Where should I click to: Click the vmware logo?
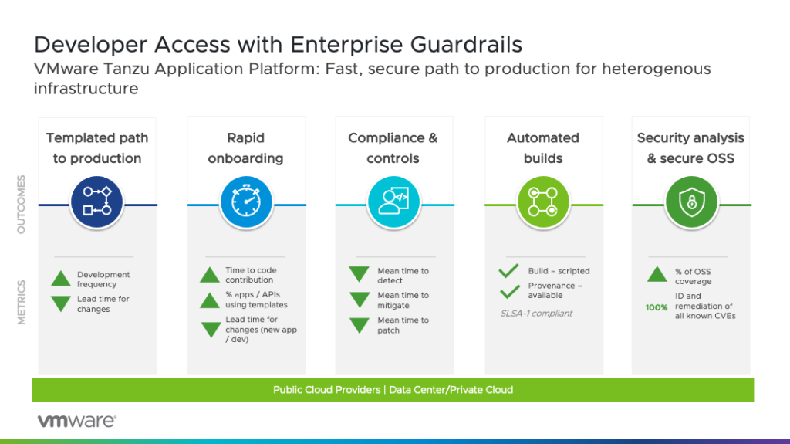pyautogui.click(x=77, y=421)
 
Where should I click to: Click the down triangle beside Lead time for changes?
pyautogui.click(x=62, y=303)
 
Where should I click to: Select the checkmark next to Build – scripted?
pyautogui.click(x=508, y=271)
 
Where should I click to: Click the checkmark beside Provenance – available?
pyautogui.click(x=508, y=291)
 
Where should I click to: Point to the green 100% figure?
pyautogui.click(x=657, y=307)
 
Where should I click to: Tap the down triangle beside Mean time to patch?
pyautogui.click(x=359, y=325)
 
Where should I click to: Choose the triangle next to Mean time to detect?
pyautogui.click(x=359, y=275)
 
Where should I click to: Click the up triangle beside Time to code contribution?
pyautogui.click(x=210, y=275)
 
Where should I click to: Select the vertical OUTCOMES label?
pyautogui.click(x=22, y=205)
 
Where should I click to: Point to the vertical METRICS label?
pyautogui.click(x=22, y=302)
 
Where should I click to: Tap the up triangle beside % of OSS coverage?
pyautogui.click(x=657, y=275)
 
